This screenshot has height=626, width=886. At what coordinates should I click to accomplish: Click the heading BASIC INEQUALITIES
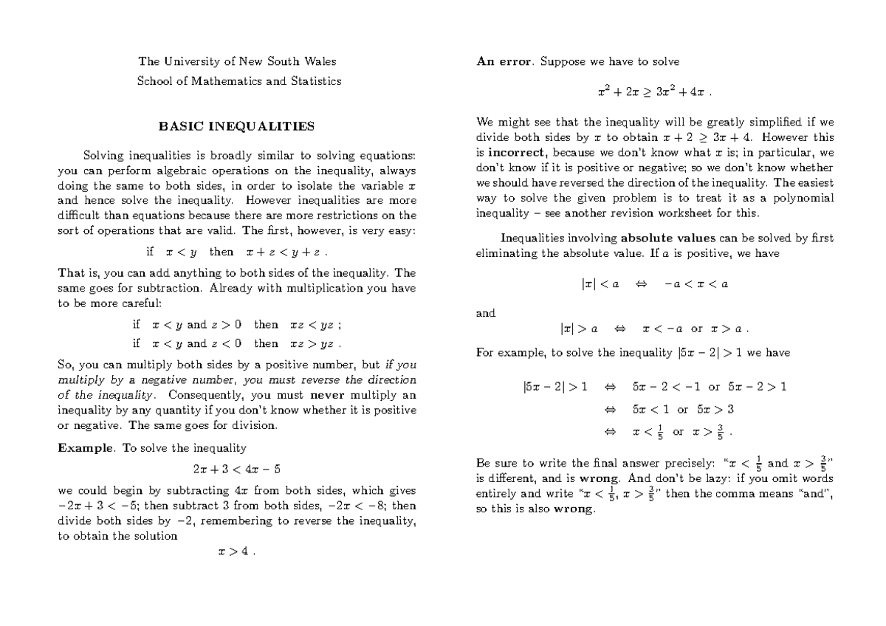coord(236,126)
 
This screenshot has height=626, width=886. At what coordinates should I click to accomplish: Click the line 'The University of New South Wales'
coord(237,61)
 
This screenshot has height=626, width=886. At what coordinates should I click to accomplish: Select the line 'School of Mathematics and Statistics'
coord(239,81)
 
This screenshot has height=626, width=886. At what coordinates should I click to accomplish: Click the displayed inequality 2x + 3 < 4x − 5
coord(236,469)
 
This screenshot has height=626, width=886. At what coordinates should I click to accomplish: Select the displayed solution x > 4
coord(236,554)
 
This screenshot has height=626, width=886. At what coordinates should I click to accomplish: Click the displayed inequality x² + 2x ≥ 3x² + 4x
coord(654,94)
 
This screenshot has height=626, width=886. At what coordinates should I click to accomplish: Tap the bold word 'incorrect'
coord(514,154)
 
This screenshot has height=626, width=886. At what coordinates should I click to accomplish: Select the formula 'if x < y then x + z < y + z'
coord(236,252)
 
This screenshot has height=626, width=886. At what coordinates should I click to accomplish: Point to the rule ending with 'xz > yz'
coord(236,343)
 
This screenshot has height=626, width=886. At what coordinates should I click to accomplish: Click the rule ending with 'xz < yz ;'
coord(236,324)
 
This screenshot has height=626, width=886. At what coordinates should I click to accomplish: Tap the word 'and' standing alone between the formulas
coord(486,313)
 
